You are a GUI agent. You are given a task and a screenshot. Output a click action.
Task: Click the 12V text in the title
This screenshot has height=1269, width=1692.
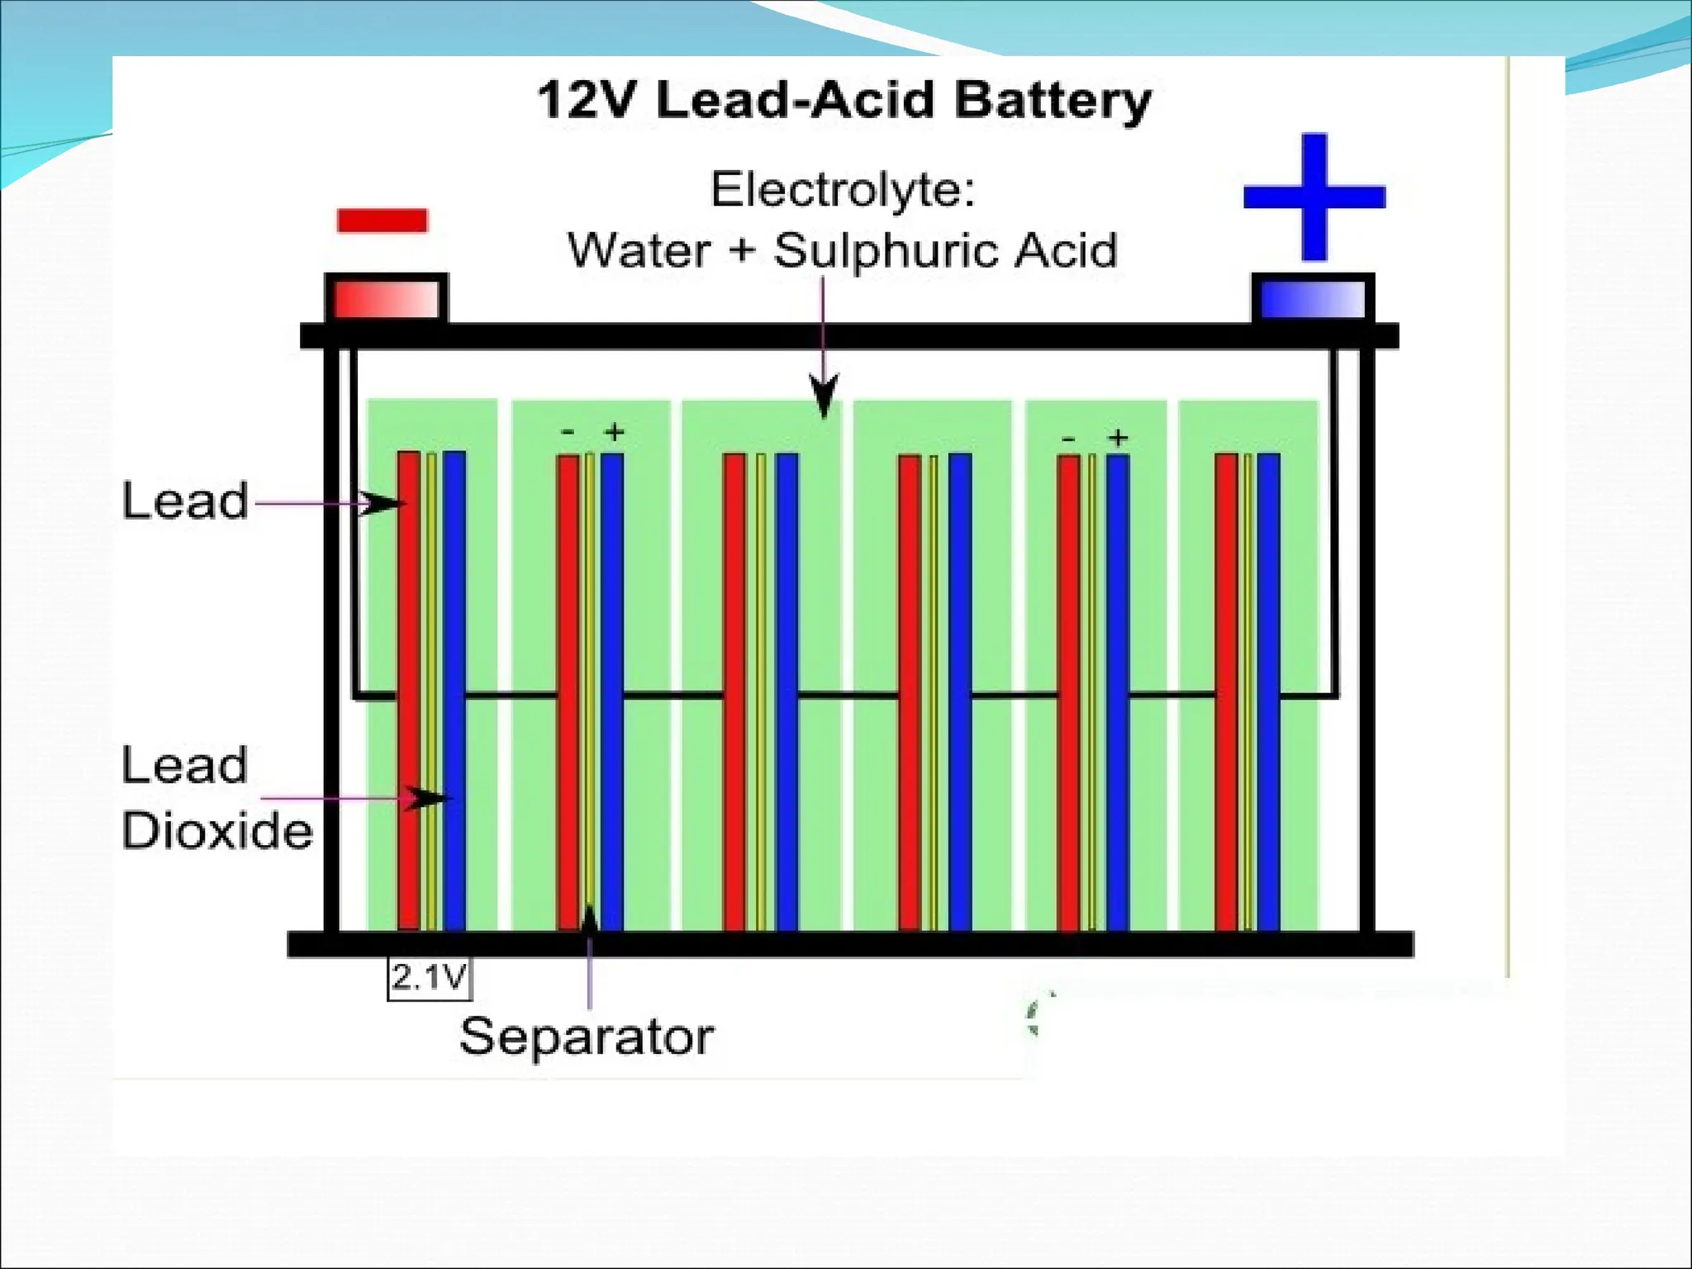click(588, 101)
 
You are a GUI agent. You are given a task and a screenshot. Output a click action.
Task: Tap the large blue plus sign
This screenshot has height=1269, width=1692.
click(1314, 197)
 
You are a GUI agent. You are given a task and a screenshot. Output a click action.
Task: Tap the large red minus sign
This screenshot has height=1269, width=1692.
click(382, 221)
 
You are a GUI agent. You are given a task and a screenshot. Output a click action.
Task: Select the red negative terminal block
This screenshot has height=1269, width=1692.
click(386, 299)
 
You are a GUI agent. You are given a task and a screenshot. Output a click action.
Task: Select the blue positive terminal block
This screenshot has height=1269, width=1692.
click(1313, 299)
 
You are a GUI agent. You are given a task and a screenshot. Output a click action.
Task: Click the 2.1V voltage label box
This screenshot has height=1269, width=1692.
click(430, 978)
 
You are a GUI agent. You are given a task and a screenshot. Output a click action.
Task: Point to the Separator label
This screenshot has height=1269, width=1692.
click(586, 1037)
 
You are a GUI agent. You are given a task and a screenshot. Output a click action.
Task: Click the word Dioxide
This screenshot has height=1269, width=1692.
click(217, 831)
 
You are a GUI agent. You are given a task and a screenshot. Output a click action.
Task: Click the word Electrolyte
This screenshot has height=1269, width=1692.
click(842, 189)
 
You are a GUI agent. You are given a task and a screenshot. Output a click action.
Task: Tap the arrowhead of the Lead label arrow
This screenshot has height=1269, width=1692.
click(383, 503)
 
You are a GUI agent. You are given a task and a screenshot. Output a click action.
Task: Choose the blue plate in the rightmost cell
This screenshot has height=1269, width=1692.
click(1268, 691)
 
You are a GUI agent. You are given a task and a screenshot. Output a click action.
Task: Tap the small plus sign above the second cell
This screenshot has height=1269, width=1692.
click(614, 431)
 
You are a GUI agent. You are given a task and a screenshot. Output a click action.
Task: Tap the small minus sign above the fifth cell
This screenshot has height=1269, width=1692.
click(1068, 440)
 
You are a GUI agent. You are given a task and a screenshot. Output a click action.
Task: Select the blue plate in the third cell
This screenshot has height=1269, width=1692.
click(787, 691)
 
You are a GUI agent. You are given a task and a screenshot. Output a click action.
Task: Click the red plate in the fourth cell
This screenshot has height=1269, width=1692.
click(910, 691)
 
